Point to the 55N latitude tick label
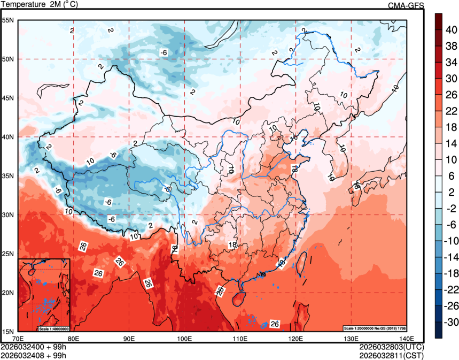point(9,20)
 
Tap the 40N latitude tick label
point(9,137)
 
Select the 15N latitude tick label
point(9,331)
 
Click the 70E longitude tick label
point(18,339)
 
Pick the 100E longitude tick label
point(185,339)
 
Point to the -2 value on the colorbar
point(452,209)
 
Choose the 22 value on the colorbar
point(452,111)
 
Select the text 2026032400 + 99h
point(33,347)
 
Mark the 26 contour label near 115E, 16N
point(275,324)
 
